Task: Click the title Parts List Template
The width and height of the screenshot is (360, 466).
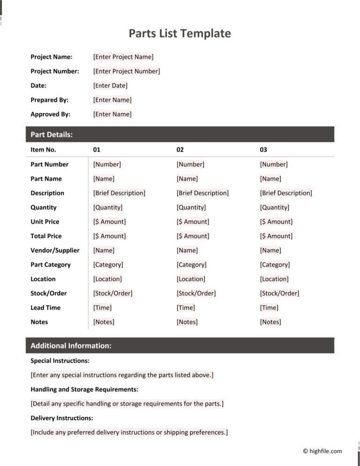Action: (x=180, y=33)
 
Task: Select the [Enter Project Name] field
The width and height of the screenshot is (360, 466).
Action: (x=123, y=57)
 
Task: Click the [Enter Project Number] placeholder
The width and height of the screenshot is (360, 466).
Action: (x=127, y=71)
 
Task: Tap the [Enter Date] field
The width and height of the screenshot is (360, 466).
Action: (x=110, y=85)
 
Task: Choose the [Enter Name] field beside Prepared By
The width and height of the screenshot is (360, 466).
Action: (x=112, y=100)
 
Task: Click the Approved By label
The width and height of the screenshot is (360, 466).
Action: (x=50, y=114)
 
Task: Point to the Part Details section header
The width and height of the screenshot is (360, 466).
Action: (x=52, y=135)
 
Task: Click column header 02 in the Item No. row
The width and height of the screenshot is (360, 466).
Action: (x=180, y=150)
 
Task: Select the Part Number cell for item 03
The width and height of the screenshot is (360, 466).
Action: (x=274, y=164)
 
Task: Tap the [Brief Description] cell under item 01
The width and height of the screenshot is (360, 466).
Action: (x=119, y=193)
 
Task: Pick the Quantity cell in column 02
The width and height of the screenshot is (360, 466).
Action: (x=191, y=207)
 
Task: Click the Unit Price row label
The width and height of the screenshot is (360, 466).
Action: (x=45, y=221)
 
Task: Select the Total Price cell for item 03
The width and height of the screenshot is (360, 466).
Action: (x=276, y=236)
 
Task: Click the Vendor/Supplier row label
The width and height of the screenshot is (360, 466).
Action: (x=55, y=250)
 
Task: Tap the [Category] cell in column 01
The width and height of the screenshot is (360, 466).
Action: (x=108, y=264)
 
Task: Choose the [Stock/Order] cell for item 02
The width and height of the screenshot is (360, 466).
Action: (x=196, y=293)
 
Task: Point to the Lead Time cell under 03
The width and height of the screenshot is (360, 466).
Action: (x=269, y=308)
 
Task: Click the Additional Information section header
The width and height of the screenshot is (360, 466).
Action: (x=71, y=346)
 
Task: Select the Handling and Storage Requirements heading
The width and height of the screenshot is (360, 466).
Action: (x=84, y=389)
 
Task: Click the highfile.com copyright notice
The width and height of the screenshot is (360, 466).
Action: (x=322, y=451)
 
